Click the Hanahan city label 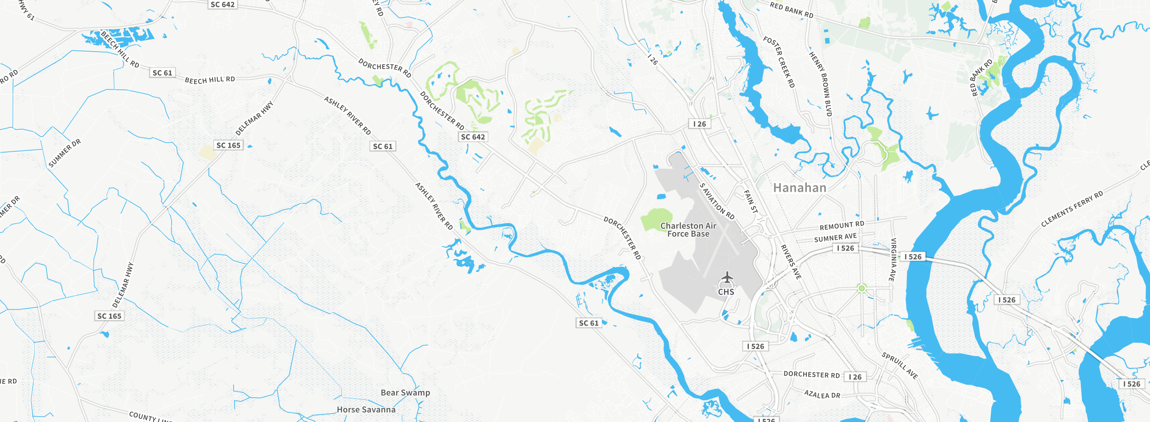800,188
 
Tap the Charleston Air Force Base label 688,230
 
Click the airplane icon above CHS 726,278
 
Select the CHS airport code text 726,292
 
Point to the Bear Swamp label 405,393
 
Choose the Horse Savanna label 366,410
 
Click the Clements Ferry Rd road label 1072,209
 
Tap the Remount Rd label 842,225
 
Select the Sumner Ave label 836,237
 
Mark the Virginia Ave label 893,259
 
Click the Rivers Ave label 791,262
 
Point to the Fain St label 751,202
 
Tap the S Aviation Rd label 717,201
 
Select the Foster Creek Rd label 779,62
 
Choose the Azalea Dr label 822,395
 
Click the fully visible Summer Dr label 65,154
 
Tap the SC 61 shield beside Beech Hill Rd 162,73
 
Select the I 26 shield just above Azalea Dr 855,377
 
